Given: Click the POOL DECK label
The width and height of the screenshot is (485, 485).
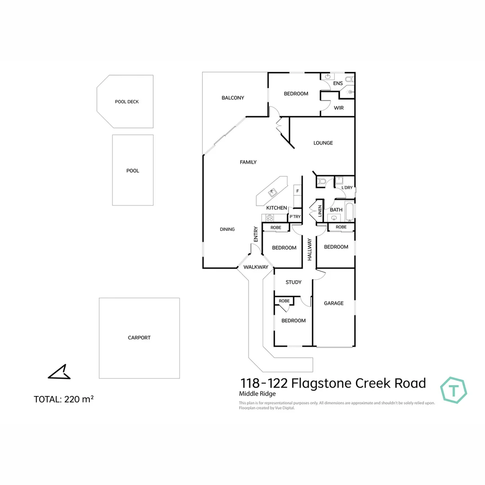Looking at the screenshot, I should (x=127, y=102).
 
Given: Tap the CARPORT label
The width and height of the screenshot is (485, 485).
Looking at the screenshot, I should (x=139, y=338).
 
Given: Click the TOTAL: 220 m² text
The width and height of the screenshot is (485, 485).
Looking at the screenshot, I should (x=63, y=399).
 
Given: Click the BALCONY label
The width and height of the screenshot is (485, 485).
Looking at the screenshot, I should (x=233, y=98).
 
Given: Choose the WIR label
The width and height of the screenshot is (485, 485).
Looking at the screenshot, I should (x=339, y=108).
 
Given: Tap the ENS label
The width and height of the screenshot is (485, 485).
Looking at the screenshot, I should (x=338, y=84).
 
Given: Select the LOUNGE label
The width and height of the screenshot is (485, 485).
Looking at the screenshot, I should (x=323, y=143).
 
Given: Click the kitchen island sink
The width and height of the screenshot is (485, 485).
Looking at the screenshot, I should (x=272, y=193).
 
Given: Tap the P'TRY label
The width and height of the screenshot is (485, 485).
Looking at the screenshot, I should (x=295, y=217).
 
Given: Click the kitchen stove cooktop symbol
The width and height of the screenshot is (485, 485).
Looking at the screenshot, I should (x=270, y=218).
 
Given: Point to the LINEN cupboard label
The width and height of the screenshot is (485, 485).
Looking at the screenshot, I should (x=320, y=211).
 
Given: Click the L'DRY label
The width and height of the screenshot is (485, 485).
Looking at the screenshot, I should (x=347, y=188).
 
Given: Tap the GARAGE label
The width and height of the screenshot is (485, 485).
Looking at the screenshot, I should (x=334, y=303).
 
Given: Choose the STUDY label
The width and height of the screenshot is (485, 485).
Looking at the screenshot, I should (x=294, y=282).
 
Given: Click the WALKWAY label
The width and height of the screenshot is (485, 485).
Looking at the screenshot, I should (x=256, y=267).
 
